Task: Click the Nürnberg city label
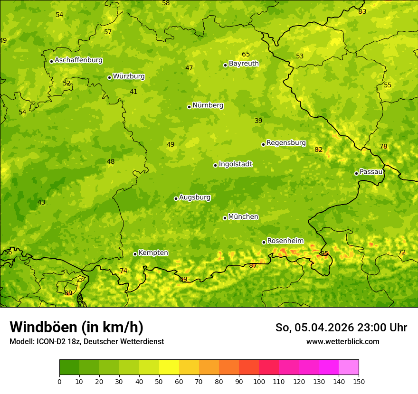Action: [x=208, y=105]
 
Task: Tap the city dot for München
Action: [x=225, y=218]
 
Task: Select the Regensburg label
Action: [x=286, y=143]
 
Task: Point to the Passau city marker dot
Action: [x=356, y=173]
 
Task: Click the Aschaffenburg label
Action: [x=78, y=60]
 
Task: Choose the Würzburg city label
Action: [x=129, y=76]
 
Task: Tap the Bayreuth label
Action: [x=244, y=64]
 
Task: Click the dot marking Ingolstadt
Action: [x=216, y=165]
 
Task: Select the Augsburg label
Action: [x=195, y=197]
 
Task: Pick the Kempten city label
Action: [x=153, y=253]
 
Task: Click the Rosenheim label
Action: [x=285, y=241]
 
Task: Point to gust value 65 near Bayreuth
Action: [x=246, y=54]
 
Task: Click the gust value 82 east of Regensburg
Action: [x=318, y=150]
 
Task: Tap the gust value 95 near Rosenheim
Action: [x=324, y=253]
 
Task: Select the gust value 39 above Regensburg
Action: [x=258, y=121]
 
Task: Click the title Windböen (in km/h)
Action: [x=76, y=327]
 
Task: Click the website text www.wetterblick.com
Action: [x=342, y=341]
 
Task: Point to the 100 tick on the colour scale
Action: [x=259, y=381]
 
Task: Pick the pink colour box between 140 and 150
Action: [x=349, y=367]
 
